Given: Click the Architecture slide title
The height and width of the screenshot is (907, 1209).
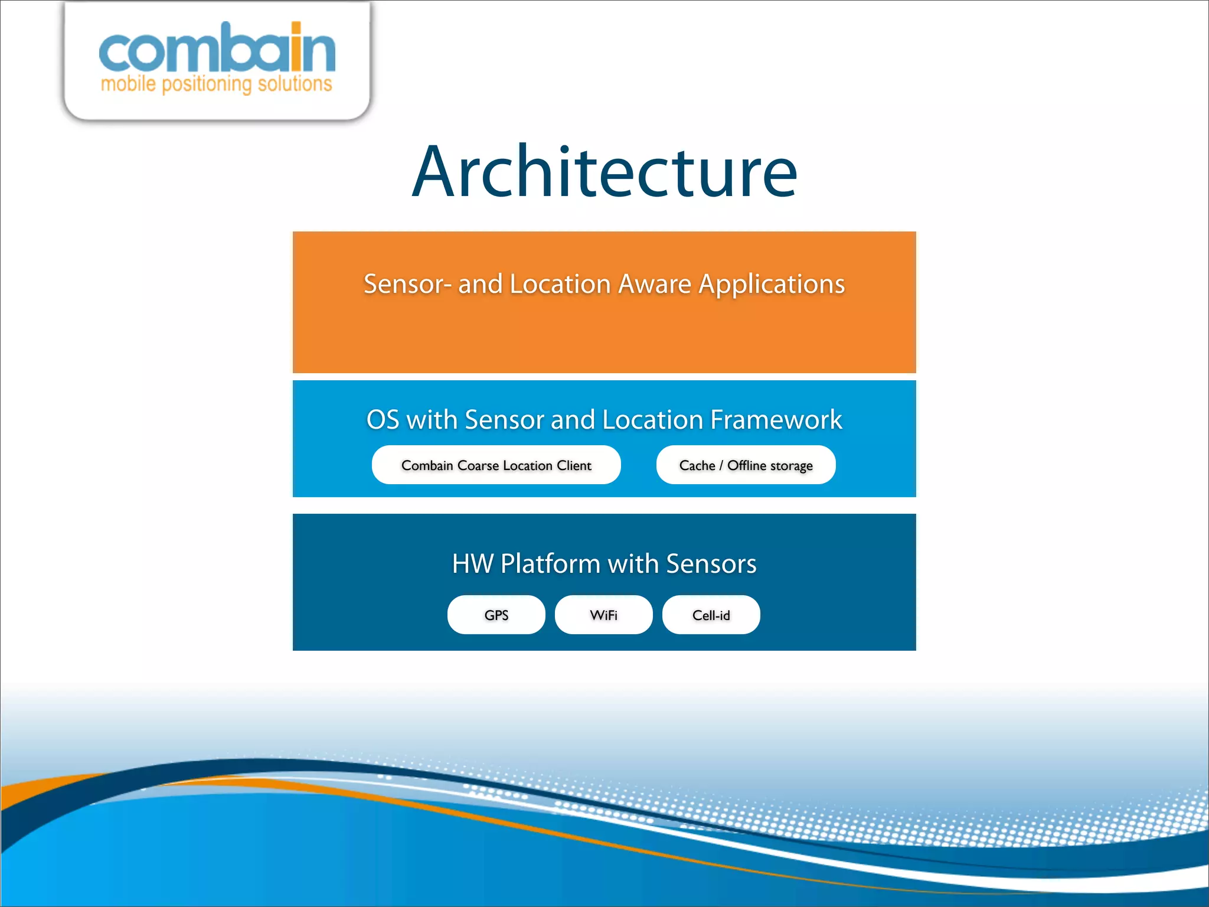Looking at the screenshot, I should coord(604,172).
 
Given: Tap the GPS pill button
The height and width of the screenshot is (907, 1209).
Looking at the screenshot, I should coord(496,615).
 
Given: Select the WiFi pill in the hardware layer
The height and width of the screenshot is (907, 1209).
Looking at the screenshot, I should coord(603,615).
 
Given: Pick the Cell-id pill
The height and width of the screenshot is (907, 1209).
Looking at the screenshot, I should coord(711,615).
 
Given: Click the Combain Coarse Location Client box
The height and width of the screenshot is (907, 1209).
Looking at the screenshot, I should coord(496,465).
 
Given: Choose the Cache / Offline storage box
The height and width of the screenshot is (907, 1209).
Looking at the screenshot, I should coord(746,465).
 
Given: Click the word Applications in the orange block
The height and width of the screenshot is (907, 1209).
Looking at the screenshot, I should coord(772,284).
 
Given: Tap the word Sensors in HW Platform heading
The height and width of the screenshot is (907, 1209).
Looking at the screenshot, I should coord(711,563).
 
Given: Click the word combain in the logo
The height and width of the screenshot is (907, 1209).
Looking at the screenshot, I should coord(216,50).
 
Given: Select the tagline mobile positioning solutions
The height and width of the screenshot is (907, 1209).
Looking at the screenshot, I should coord(216,84).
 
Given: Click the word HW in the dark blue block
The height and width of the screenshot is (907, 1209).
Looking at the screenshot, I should coord(473,563).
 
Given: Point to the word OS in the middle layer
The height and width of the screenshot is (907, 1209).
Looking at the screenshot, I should coord(383,420).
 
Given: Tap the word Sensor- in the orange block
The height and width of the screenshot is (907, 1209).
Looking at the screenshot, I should coord(407,284).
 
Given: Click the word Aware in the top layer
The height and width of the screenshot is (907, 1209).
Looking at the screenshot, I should coord(654,284).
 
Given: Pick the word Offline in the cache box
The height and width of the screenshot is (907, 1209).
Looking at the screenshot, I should coord(746,465).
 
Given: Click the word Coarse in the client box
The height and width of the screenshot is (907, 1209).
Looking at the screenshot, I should coord(478,465).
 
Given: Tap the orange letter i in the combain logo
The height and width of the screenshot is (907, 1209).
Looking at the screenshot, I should coord(296,47).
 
